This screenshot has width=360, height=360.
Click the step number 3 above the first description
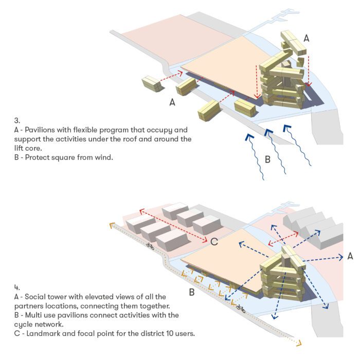pyautogui.click(x=17, y=120)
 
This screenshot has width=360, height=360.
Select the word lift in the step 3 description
pyautogui.click(x=18, y=148)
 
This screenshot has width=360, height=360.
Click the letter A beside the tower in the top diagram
pyautogui.click(x=307, y=39)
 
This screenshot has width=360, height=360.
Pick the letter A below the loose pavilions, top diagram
pyautogui.click(x=172, y=102)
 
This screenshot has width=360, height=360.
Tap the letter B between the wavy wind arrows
pyautogui.click(x=267, y=159)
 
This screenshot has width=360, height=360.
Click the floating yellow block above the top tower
pyautogui.click(x=294, y=43)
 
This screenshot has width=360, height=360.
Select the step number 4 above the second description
pyautogui.click(x=17, y=287)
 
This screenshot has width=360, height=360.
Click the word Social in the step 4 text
pyautogui.click(x=34, y=297)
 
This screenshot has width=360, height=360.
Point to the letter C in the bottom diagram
pyautogui.click(x=214, y=242)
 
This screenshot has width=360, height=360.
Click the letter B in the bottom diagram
pyautogui.click(x=191, y=292)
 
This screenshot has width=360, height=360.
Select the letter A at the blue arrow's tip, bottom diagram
pyautogui.click(x=350, y=256)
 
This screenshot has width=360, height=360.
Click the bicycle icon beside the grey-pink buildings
pyautogui.click(x=150, y=246)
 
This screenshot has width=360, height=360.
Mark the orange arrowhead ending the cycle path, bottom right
pyautogui.click(x=299, y=344)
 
